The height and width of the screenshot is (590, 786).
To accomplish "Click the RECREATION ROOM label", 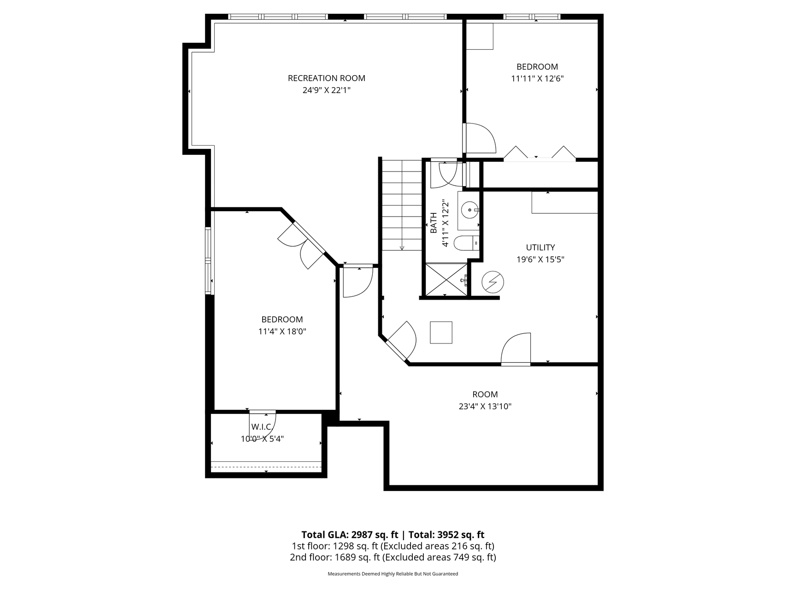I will pyautogui.click(x=326, y=78).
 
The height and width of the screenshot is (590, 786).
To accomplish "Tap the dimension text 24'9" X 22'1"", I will pyautogui.click(x=326, y=90).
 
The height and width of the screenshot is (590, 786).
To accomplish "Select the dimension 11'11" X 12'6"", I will pyautogui.click(x=537, y=78).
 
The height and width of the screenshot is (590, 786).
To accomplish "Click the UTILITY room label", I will pyautogui.click(x=540, y=248).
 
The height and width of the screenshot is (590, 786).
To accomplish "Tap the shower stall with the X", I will pyautogui.click(x=446, y=279).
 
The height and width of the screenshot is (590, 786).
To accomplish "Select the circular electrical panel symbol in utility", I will pyautogui.click(x=493, y=282).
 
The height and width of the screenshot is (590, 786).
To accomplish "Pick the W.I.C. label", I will pyautogui.click(x=262, y=427).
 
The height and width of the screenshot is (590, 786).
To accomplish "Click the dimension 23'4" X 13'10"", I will pyautogui.click(x=485, y=407).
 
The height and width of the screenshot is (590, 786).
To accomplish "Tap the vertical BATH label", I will pyautogui.click(x=434, y=223).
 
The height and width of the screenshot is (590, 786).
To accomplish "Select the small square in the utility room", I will pyautogui.click(x=441, y=332).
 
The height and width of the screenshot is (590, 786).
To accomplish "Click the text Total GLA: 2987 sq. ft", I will pyautogui.click(x=349, y=535).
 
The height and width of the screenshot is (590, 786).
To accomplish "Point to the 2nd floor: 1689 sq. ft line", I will pyautogui.click(x=393, y=557).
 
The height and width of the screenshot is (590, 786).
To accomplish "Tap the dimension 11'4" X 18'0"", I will pyautogui.click(x=282, y=331).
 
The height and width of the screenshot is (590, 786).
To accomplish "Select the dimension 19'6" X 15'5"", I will pyautogui.click(x=540, y=260).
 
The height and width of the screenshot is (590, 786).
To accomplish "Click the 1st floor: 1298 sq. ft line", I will pyautogui.click(x=393, y=546).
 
